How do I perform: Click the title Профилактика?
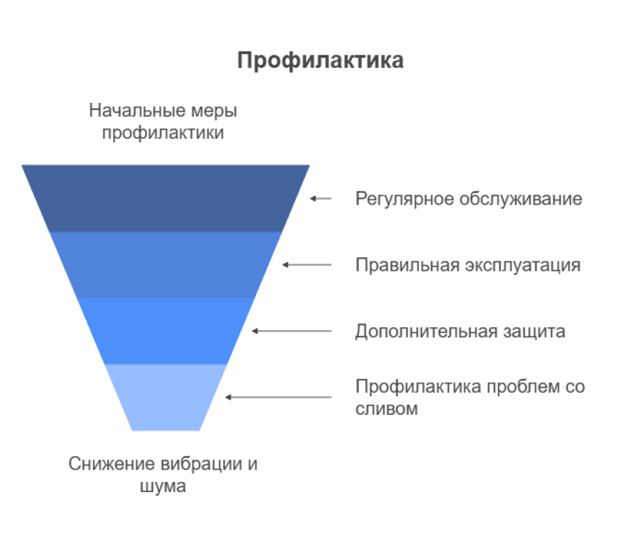tap(320, 61)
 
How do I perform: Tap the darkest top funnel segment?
tap(165, 198)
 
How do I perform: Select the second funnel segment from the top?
tap(165, 265)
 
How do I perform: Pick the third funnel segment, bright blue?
tap(165, 331)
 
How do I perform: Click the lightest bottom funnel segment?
tap(165, 397)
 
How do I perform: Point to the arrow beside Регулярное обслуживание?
tap(321, 198)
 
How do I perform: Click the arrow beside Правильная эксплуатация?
tap(307, 265)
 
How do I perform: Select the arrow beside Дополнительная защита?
tap(292, 331)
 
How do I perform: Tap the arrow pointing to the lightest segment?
tap(278, 397)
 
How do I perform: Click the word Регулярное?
tap(404, 199)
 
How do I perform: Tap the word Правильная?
tap(407, 265)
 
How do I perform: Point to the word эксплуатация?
tap(523, 266)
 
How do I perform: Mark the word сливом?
tap(386, 408)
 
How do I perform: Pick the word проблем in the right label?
tap(523, 388)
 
